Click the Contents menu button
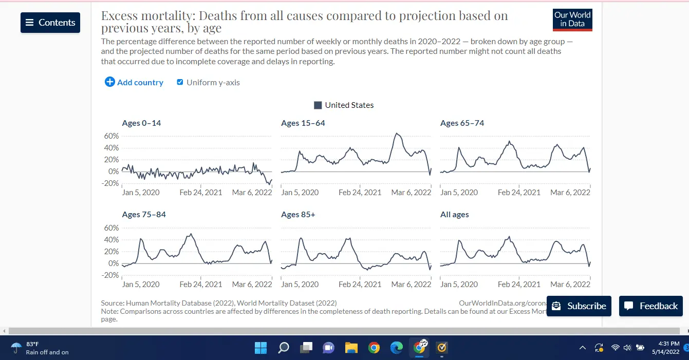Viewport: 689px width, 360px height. click(50, 23)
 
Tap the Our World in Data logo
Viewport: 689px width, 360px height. click(572, 20)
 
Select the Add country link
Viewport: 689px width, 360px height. click(134, 82)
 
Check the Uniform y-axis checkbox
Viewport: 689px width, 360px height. click(180, 82)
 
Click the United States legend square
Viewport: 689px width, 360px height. click(318, 105)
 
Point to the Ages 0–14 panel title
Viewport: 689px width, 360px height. click(141, 123)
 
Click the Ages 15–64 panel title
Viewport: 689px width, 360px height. click(303, 123)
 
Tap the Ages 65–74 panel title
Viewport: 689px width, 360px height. click(462, 123)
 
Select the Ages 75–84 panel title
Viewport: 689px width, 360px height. click(144, 215)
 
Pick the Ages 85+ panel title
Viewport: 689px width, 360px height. click(298, 215)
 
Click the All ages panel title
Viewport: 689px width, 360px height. click(454, 215)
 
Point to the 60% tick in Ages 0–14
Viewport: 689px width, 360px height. click(111, 136)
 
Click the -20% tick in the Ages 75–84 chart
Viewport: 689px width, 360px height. click(110, 275)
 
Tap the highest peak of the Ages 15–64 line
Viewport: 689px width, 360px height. click(397, 134)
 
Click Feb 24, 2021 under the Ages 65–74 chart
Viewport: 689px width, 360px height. click(519, 193)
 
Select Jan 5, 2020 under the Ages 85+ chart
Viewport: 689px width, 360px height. click(300, 284)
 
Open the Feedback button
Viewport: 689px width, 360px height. click(650, 306)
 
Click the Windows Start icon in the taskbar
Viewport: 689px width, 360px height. click(260, 348)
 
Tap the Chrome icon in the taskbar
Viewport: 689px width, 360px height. click(374, 348)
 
